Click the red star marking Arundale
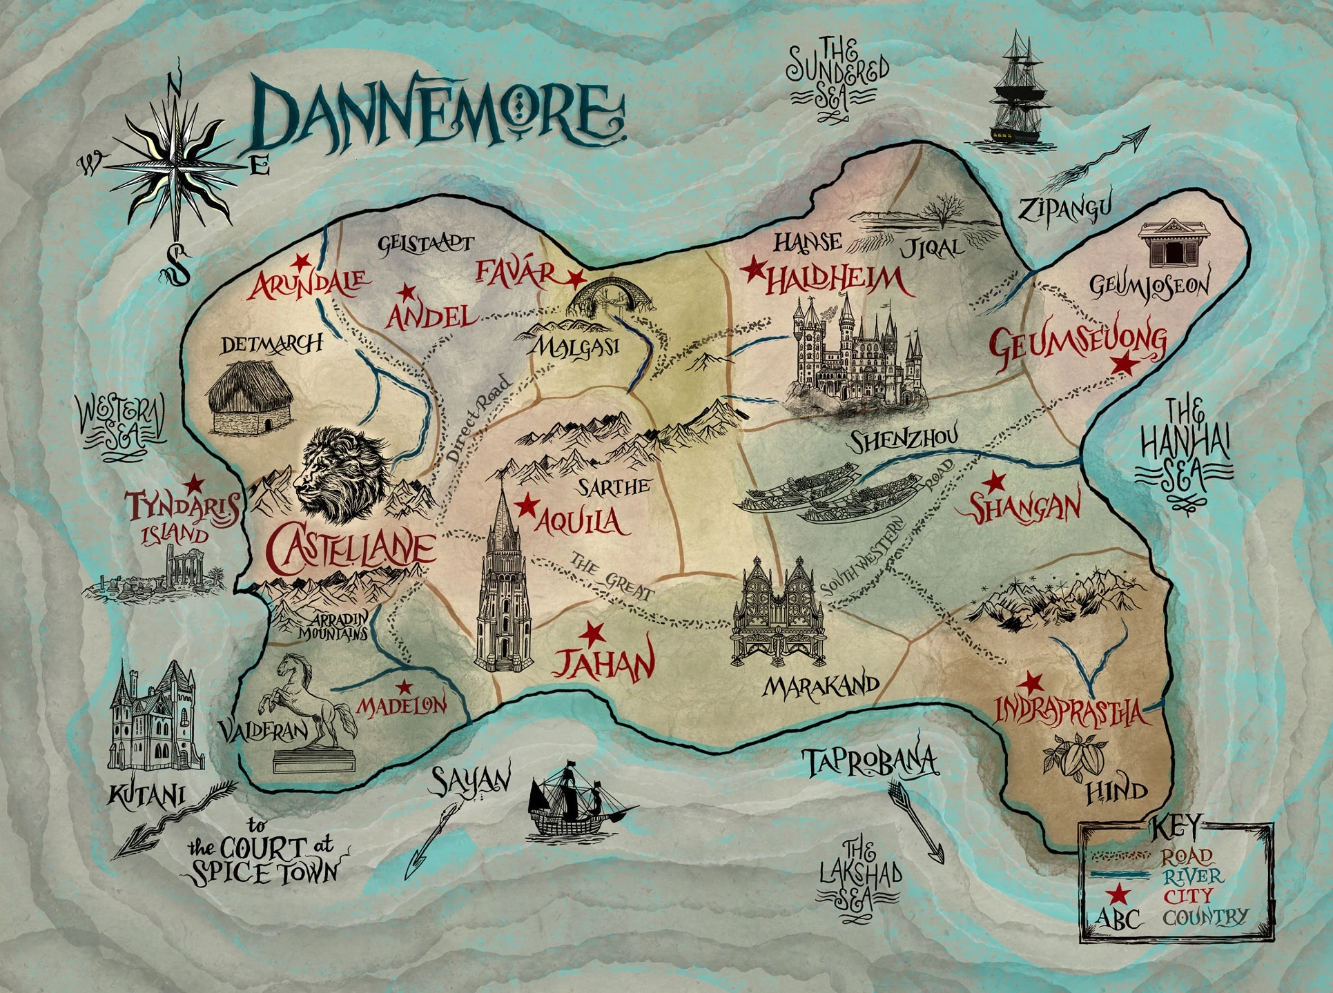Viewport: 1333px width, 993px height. click(301, 261)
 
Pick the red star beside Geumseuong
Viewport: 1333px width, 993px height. click(1127, 362)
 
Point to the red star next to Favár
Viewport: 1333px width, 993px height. click(576, 279)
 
